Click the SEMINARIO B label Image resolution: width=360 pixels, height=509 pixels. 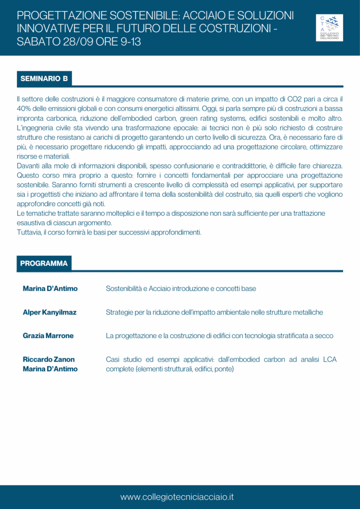pyautogui.click(x=44, y=79)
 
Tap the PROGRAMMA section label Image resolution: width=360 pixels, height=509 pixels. pyautogui.click(x=44, y=263)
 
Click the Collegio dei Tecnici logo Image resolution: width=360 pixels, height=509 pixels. pyautogui.click(x=330, y=27)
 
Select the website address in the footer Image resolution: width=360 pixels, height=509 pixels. pyautogui.click(x=177, y=497)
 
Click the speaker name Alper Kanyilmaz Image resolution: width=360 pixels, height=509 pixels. pyautogui.click(x=50, y=312)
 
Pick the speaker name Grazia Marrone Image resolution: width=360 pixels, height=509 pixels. pyautogui.click(x=48, y=336)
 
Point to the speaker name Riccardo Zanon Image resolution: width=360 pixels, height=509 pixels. pyautogui.click(x=49, y=359)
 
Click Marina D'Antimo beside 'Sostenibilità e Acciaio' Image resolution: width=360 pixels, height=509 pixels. pyautogui.click(x=50, y=288)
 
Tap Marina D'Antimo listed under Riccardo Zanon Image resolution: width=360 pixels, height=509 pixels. pyautogui.click(x=50, y=369)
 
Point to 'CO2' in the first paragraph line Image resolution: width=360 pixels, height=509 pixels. pyautogui.click(x=291, y=99)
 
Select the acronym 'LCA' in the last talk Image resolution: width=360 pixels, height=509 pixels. pyautogui.click(x=330, y=359)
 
